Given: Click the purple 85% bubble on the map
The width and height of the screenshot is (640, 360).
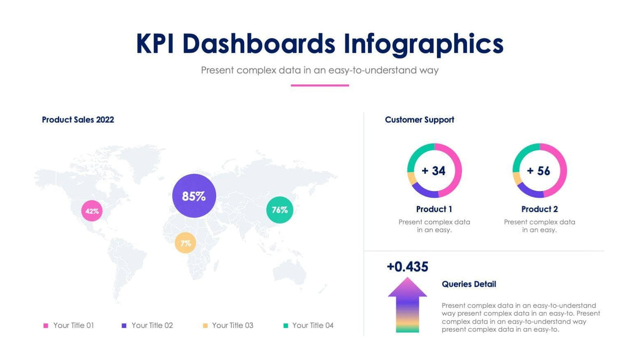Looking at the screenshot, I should coord(194,196).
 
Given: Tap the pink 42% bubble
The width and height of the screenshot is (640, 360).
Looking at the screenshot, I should coord(92,211).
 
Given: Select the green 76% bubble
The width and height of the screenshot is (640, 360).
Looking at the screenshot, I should coord(279,210).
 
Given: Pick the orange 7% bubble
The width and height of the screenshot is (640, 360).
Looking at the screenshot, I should coord(186,243).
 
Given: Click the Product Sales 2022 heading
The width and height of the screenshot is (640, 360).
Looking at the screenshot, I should coord(78,120).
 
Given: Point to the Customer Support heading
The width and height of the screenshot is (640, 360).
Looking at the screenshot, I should coord(420,120).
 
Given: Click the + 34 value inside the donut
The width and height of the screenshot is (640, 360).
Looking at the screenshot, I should coord(434,171).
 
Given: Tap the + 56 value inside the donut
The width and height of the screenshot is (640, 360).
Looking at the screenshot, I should coord(539,171).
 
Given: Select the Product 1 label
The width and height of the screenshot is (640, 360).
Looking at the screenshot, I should coord(434,209).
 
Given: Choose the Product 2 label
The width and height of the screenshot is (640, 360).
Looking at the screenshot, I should coord(540,209).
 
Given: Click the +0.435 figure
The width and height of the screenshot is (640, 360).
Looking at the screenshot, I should coord(407,267).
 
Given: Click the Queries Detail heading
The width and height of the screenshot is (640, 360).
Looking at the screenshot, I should coord(469,284).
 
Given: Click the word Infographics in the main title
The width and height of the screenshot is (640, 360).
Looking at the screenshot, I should coord(423,44).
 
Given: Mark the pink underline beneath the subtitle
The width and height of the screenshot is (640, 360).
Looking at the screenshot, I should coord(319,85).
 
